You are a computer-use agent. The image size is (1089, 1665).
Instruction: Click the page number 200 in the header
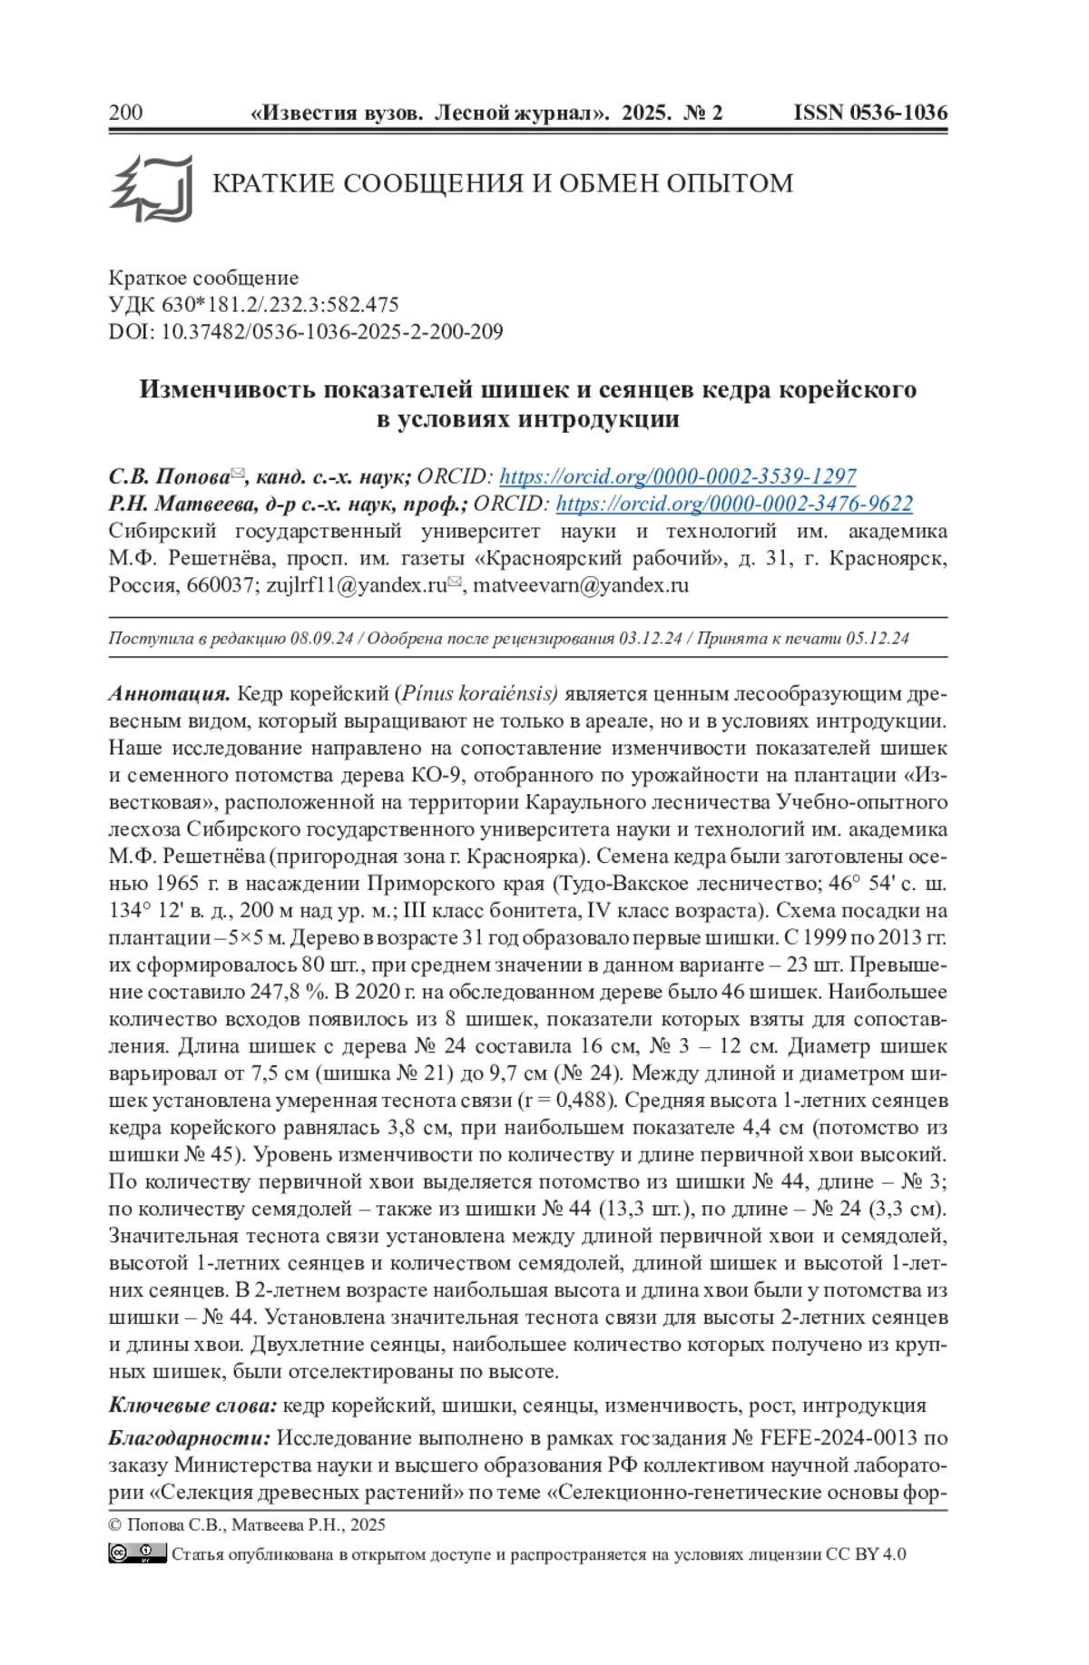tap(125, 113)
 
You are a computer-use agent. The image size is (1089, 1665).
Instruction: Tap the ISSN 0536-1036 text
tap(870, 113)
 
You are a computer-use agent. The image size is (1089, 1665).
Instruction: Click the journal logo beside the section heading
tap(152, 188)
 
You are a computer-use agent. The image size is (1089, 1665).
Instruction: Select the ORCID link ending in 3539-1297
tap(677, 476)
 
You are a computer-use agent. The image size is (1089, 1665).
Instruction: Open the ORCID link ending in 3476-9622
tap(734, 504)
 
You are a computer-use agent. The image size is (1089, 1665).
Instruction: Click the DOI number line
tap(306, 332)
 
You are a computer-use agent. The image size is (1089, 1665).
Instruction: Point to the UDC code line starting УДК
tap(254, 305)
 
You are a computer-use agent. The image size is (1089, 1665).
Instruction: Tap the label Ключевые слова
tap(192, 1405)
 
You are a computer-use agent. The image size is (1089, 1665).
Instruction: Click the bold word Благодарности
tap(190, 1438)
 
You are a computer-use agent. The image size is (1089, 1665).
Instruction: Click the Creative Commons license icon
tap(137, 1553)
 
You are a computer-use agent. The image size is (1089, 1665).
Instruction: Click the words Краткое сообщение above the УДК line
tap(203, 278)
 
